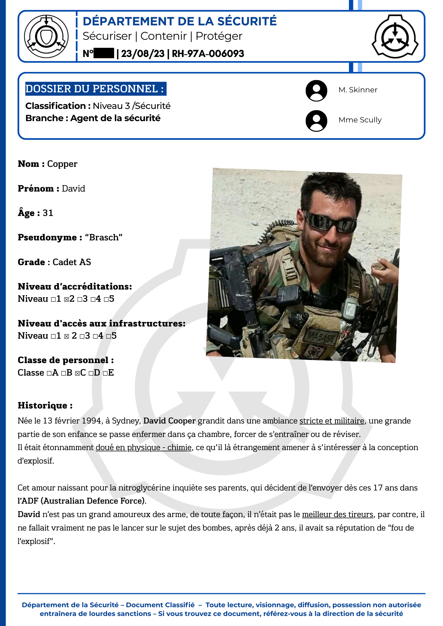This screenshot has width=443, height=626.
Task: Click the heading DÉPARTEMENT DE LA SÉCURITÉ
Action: tap(180, 21)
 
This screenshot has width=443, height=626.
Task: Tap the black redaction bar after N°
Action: tap(104, 54)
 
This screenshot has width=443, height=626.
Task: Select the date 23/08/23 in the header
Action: tap(143, 54)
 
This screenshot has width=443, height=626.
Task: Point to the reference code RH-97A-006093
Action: tap(208, 54)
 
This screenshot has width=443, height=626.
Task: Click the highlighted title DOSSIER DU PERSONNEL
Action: tap(95, 89)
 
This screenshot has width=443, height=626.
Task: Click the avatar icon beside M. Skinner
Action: tap(316, 91)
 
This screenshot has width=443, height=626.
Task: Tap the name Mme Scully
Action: tap(360, 120)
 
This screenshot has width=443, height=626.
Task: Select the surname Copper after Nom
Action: tap(62, 164)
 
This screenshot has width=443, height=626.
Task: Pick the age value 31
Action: tap(48, 213)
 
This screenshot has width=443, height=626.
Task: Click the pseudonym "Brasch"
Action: tap(103, 238)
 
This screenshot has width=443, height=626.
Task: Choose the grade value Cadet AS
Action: tap(72, 262)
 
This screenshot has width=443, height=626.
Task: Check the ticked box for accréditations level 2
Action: tap(66, 300)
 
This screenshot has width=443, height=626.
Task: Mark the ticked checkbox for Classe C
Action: tap(77, 373)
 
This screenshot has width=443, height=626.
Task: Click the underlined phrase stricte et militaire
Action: tap(332, 421)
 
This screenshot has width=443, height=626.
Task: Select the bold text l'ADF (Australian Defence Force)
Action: tap(82, 501)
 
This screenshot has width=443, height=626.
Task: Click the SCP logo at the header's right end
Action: tap(395, 36)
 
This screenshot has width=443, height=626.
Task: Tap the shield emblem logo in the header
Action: tap(46, 36)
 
